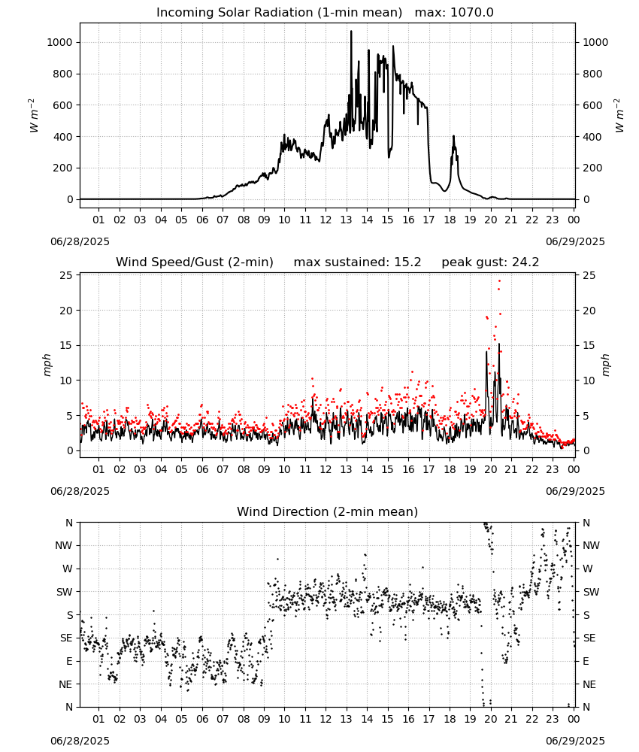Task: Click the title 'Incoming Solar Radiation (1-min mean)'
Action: [x=279, y=13]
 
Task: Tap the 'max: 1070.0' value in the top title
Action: [x=454, y=13]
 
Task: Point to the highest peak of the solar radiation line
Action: [x=351, y=31]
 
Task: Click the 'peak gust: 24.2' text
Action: [x=490, y=262]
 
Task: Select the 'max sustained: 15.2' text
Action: [x=357, y=262]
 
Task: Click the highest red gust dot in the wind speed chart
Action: [x=499, y=281]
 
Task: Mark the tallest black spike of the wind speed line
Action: [x=499, y=344]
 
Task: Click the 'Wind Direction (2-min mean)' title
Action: [x=328, y=511]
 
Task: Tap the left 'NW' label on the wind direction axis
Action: [x=64, y=545]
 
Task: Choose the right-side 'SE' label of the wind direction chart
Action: [x=589, y=638]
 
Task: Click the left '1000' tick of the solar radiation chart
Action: [x=59, y=42]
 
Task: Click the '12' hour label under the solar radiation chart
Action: [x=326, y=220]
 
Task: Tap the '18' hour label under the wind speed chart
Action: [x=450, y=469]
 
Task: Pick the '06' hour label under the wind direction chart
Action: [x=202, y=719]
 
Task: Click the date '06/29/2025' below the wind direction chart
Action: [x=575, y=741]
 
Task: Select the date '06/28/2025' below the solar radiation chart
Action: [x=80, y=241]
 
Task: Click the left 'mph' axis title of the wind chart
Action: [x=47, y=365]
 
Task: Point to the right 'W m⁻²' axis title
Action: [x=619, y=116]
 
